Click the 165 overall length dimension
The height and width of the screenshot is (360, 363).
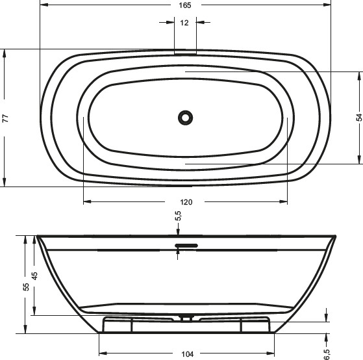(x=185, y=5)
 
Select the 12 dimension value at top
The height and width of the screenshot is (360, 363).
(x=185, y=23)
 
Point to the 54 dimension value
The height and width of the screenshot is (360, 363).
(x=358, y=118)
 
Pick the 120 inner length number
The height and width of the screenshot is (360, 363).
(x=186, y=201)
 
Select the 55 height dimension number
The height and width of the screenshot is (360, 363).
(x=26, y=286)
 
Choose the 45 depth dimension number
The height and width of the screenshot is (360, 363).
(x=36, y=276)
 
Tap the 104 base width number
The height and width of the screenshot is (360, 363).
(x=188, y=354)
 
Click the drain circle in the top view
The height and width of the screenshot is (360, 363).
(x=186, y=118)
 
